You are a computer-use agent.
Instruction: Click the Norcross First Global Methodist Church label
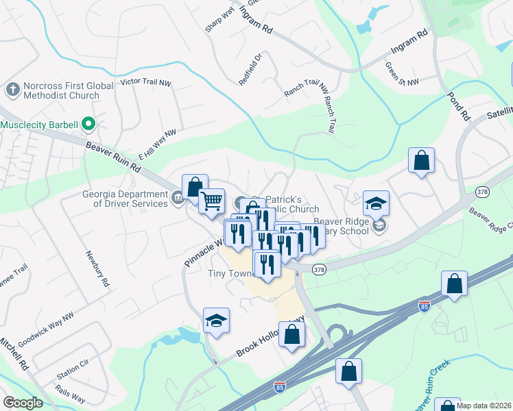62,91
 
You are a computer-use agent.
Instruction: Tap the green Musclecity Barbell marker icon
88,125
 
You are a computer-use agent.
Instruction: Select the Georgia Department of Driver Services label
125,199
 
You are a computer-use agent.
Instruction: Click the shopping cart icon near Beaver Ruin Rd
212,201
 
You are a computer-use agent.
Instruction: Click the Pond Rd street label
457,105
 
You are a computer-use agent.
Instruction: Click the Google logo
23,403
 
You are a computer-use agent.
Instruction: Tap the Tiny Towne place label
231,272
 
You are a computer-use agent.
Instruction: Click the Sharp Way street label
219,21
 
